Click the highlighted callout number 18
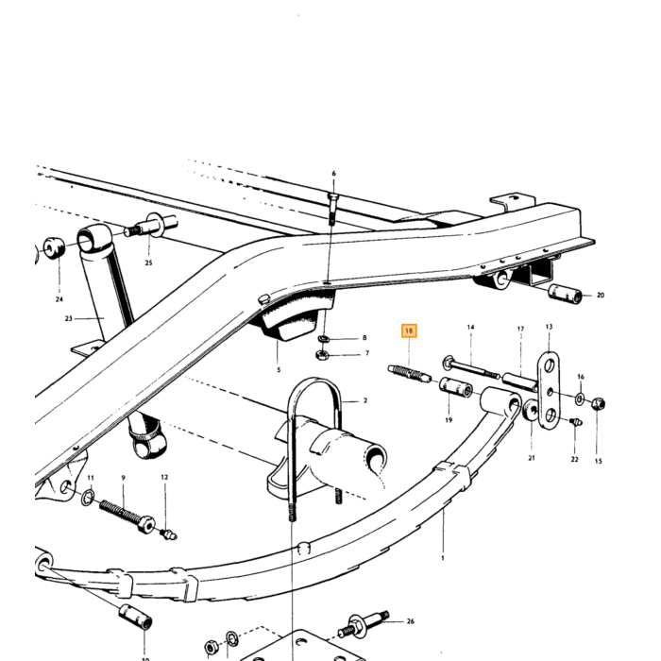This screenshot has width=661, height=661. click(x=409, y=330)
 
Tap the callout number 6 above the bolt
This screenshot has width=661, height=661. click(x=334, y=173)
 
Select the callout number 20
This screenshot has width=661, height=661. click(x=601, y=295)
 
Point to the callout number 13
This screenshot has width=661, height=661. click(x=549, y=327)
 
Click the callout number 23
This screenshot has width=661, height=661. click(x=69, y=319)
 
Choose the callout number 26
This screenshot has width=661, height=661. click(x=410, y=621)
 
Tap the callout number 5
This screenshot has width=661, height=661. click(x=279, y=370)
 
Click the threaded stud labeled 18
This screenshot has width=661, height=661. click(x=409, y=374)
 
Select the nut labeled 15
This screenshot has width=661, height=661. click(x=598, y=404)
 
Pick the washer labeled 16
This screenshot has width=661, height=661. click(x=580, y=398)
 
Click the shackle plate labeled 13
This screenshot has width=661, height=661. click(x=549, y=390)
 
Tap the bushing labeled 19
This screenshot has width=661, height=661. click(x=456, y=387)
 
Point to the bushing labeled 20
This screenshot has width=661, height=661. click(x=565, y=294)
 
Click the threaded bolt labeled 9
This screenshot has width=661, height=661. click(x=127, y=517)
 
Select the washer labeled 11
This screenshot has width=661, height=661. click(x=88, y=498)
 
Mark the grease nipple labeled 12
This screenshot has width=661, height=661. click(x=168, y=534)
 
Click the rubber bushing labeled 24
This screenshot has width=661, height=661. click(x=55, y=248)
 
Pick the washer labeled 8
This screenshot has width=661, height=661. click(x=323, y=338)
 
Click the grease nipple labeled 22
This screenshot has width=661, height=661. click(x=576, y=421)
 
